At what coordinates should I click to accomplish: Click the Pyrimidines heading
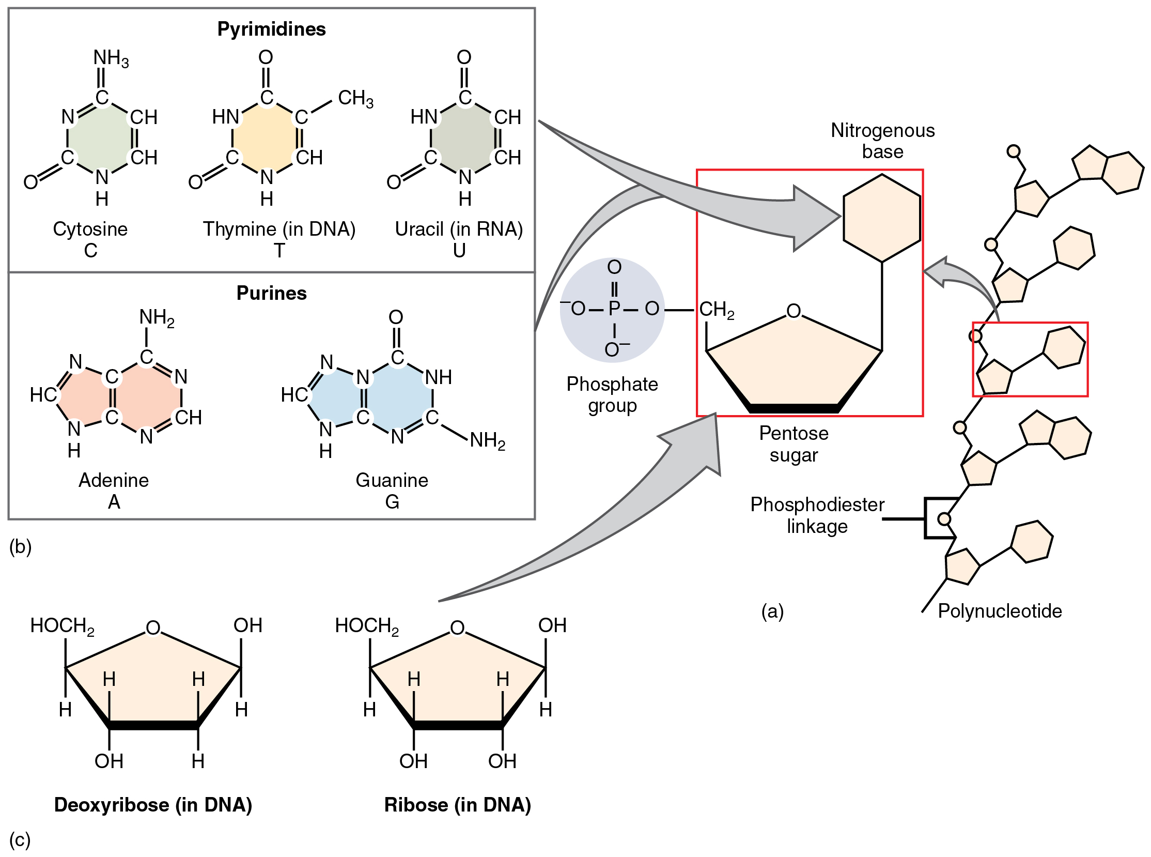(x=271, y=29)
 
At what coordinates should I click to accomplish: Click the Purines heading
(x=271, y=293)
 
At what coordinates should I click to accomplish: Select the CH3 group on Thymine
(x=355, y=98)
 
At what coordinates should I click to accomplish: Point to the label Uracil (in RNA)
(x=459, y=229)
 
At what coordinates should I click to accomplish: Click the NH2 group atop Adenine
(x=157, y=317)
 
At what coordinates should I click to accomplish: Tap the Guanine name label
(x=392, y=480)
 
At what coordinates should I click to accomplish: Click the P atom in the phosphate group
(x=614, y=309)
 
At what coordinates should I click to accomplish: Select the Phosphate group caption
(x=612, y=395)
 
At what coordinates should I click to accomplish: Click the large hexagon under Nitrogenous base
(x=881, y=218)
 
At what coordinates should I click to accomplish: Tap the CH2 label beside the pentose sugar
(x=717, y=310)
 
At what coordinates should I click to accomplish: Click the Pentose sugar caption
(x=794, y=444)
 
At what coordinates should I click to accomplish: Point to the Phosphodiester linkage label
(x=817, y=515)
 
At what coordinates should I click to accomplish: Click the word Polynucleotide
(x=1000, y=611)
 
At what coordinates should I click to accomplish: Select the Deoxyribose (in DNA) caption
(x=153, y=805)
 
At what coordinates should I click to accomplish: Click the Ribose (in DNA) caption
(x=457, y=805)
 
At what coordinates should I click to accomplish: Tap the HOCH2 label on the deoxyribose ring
(x=62, y=625)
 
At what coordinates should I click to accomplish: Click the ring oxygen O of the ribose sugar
(x=457, y=628)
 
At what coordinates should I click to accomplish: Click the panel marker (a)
(x=772, y=611)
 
